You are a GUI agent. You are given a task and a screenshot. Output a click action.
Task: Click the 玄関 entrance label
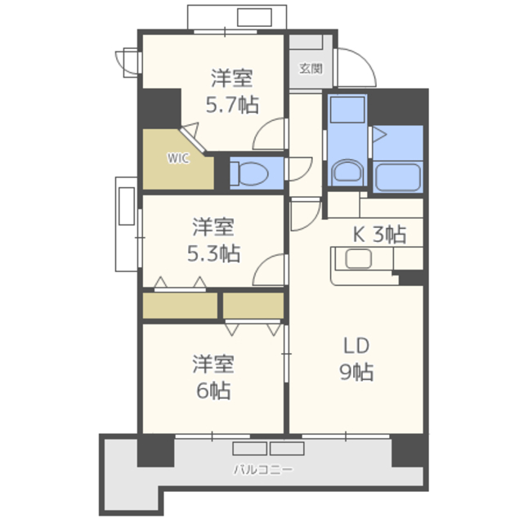pyautogui.click(x=311, y=69)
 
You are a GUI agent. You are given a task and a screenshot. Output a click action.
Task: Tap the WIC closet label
pyautogui.click(x=178, y=158)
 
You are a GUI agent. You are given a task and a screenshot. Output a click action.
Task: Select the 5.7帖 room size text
pyautogui.click(x=232, y=105)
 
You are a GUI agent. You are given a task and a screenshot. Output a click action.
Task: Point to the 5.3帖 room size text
pyautogui.click(x=213, y=253)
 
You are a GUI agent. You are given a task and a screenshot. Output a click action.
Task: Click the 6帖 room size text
pyautogui.click(x=213, y=391)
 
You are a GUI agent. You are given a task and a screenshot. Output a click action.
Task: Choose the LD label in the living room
pyautogui.click(x=356, y=346)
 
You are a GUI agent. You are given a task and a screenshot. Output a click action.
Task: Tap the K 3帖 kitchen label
pyautogui.click(x=379, y=235)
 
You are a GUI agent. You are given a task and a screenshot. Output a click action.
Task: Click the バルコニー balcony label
pyautogui.click(x=263, y=470)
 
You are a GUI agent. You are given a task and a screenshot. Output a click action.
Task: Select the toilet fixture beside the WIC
pyautogui.click(x=249, y=174)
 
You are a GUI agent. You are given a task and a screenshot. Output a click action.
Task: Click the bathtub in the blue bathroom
pyautogui.click(x=398, y=177)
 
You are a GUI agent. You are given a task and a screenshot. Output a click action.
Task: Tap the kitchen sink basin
pyautogui.click(x=359, y=259)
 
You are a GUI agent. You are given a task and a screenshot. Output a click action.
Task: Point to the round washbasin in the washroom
pyautogui.click(x=347, y=171)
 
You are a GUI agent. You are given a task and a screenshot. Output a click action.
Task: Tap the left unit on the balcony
pyautogui.click(x=250, y=449)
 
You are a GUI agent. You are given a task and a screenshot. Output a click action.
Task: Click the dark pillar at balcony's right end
pyautogui.click(x=410, y=450)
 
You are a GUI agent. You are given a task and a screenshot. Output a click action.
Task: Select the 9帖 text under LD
pyautogui.click(x=356, y=372)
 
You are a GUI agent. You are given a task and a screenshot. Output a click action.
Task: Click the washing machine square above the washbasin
pyautogui.click(x=347, y=110)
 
